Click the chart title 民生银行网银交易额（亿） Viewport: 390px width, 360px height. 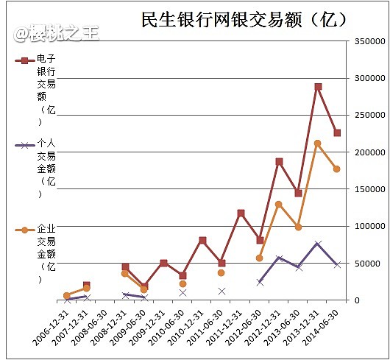point(244,19)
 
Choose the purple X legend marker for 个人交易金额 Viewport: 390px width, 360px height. point(25,145)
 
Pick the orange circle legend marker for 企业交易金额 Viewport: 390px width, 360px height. point(25,230)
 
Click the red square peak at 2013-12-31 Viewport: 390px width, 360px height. point(318,87)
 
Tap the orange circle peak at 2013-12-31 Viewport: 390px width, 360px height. point(318,144)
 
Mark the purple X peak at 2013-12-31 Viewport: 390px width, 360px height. point(318,244)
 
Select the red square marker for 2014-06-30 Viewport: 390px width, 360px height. point(337,133)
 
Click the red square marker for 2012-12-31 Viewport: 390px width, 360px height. point(280,162)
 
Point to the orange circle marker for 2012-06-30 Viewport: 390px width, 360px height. point(260,258)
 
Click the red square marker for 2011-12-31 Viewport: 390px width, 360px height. point(241,213)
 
